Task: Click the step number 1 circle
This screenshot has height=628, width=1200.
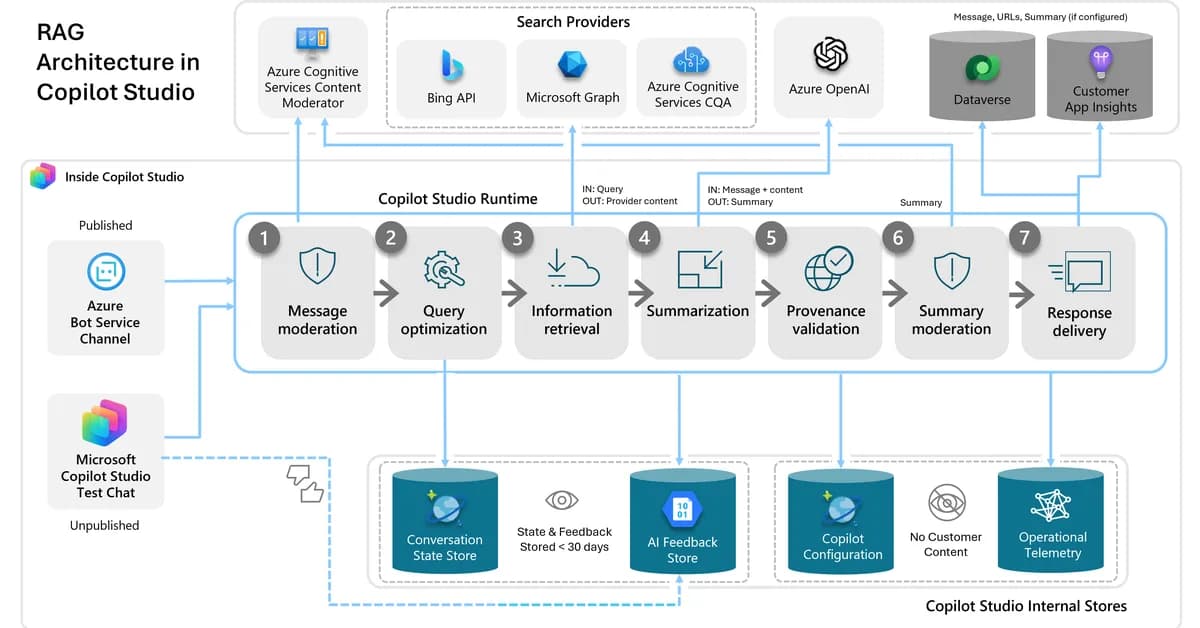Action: click(x=264, y=238)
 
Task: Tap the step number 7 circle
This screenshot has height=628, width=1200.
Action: click(x=1025, y=238)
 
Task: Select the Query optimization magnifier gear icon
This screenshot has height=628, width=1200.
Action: click(x=443, y=270)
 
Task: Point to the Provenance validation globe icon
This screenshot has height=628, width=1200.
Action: click(x=827, y=270)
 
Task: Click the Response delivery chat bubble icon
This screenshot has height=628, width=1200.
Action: click(x=1078, y=273)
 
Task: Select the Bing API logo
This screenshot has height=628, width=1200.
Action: click(x=452, y=65)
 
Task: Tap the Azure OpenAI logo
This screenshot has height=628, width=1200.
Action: click(x=830, y=54)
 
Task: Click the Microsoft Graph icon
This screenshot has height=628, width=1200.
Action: click(x=573, y=65)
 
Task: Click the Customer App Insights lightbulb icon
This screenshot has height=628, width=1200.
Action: click(x=1100, y=62)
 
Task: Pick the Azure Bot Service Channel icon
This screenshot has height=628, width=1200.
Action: click(x=105, y=271)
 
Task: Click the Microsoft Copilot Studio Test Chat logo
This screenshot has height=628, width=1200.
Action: click(x=105, y=423)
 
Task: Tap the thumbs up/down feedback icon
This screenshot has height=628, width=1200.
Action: click(x=305, y=483)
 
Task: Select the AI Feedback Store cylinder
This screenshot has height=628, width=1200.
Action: click(x=682, y=522)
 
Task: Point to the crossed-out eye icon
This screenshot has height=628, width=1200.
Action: click(x=945, y=502)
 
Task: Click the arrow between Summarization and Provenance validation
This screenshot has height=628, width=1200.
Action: click(x=768, y=294)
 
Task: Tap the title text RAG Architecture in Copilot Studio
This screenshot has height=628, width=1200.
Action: click(x=117, y=62)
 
